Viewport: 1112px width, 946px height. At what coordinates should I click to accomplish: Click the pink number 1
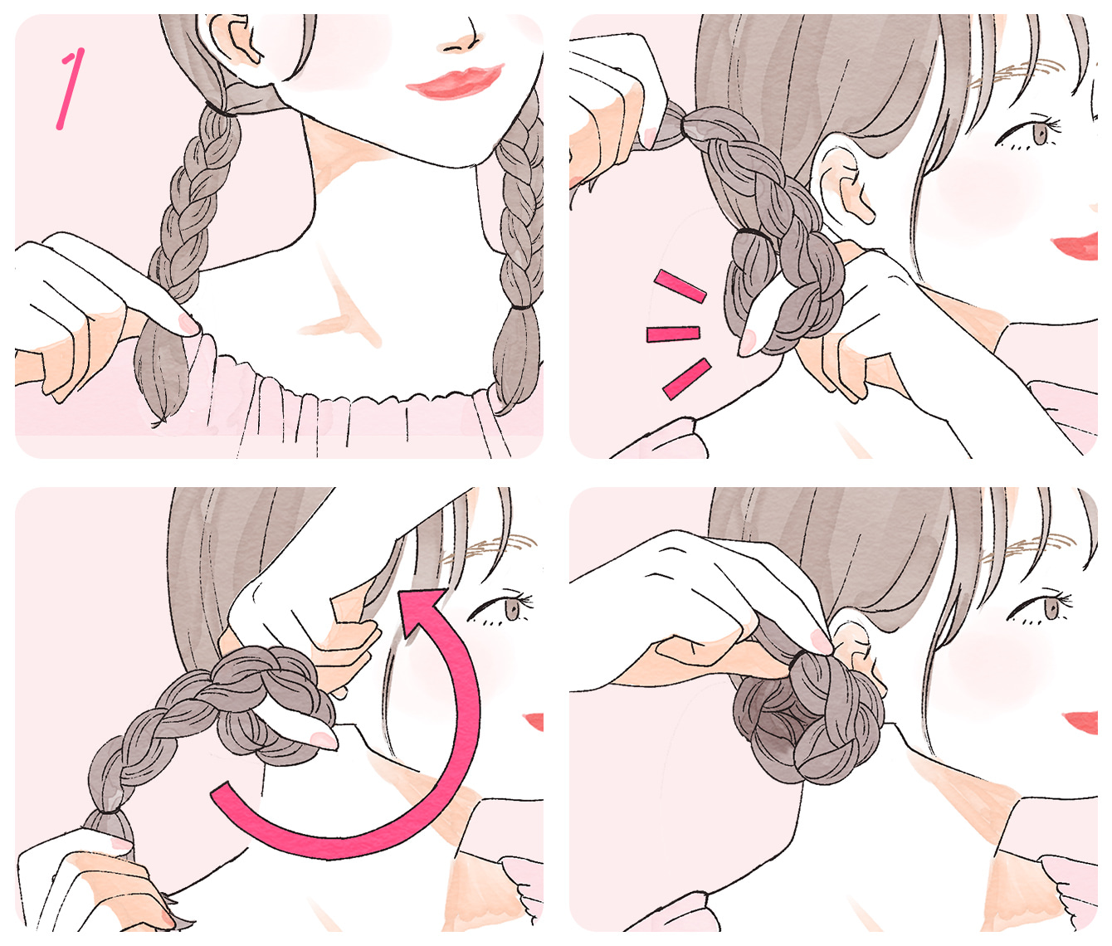coord(70,89)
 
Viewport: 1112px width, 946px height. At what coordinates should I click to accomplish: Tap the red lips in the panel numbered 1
coord(455,82)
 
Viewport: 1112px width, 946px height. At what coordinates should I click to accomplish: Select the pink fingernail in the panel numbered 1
coord(188,324)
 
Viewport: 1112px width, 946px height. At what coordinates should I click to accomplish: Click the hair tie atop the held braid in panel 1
coord(221,111)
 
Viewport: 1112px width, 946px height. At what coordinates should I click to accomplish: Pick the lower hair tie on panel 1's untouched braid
coord(520,308)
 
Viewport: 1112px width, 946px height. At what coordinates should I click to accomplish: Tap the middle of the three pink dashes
coord(673,334)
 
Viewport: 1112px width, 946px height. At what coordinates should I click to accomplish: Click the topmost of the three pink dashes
coord(680,286)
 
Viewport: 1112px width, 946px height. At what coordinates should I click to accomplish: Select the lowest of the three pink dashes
coord(687,379)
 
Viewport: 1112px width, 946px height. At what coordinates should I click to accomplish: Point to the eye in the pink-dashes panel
coord(1030,133)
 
